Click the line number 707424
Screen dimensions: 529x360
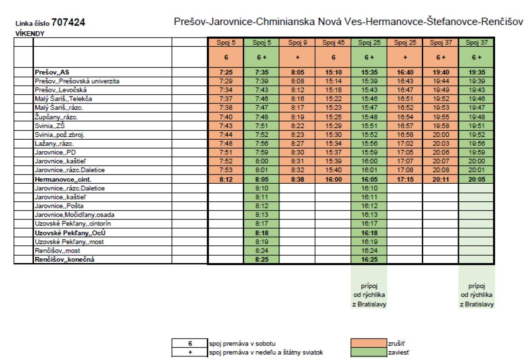coord(68,22)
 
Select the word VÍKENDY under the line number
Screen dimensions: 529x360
coord(30,33)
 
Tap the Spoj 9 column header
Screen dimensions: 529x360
coord(298,42)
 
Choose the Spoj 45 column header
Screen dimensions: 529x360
coord(333,42)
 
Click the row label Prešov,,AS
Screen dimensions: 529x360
coord(52,72)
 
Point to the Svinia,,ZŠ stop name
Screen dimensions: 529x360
coord(49,126)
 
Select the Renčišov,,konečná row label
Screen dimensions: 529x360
coord(64,260)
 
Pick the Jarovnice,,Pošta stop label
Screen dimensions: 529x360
coord(59,206)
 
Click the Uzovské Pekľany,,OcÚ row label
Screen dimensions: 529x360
coord(70,233)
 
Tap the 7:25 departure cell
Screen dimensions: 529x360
coord(226,72)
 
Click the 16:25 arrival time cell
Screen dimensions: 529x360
coord(369,260)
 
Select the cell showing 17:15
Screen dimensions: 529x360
coord(405,179)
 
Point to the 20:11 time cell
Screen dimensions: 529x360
coord(441,179)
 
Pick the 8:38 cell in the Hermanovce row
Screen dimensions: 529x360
coord(298,179)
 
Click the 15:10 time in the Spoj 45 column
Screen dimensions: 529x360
coord(333,72)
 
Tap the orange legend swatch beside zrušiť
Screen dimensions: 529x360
coord(369,343)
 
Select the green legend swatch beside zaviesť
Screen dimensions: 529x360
coord(369,352)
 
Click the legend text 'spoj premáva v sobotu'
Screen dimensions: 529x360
coord(242,343)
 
